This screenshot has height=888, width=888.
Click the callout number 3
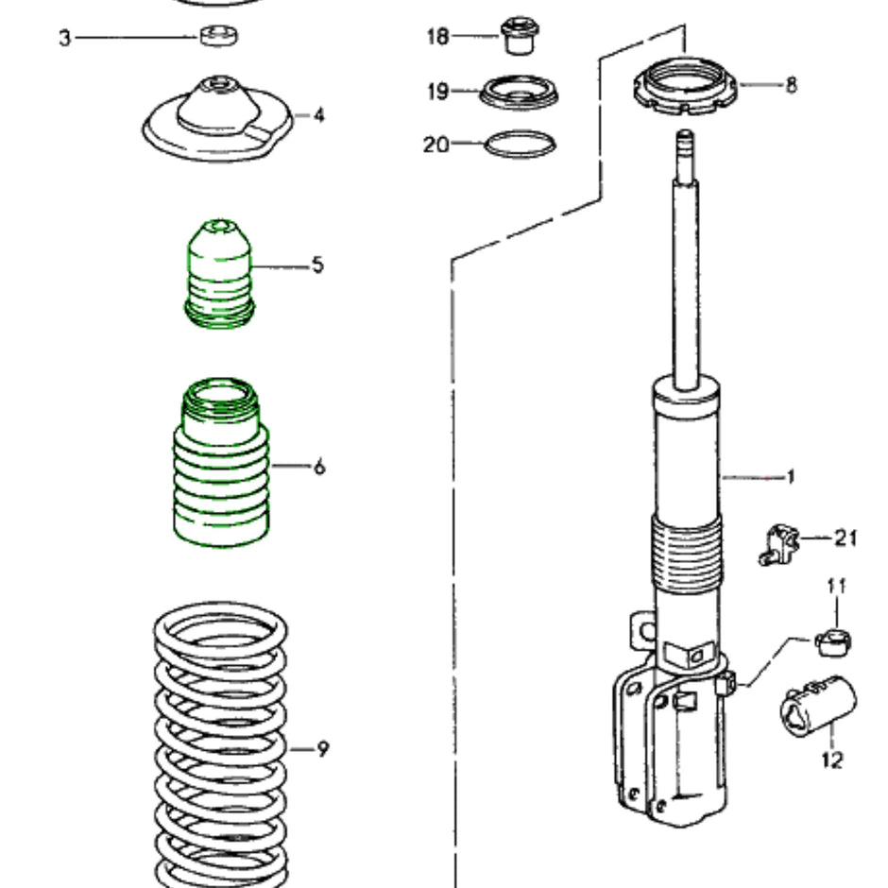coord(64,39)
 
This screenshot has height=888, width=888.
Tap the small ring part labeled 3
coord(219,37)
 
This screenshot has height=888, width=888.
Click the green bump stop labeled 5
coord(217,274)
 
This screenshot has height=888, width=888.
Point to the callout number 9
coord(322,749)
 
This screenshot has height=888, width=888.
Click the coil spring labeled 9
coord(221,746)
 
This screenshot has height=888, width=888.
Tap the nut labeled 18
coord(517,36)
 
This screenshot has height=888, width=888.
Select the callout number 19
coord(437,91)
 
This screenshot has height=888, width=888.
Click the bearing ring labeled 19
coord(519,93)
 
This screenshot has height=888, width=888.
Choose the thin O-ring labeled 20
coord(519,145)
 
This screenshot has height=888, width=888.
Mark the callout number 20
coord(435,145)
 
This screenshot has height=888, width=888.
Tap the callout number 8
coord(791,85)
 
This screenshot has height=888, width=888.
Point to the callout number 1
coord(791,477)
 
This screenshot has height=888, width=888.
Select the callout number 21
coord(845,538)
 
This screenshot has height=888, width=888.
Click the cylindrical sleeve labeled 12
coord(817,707)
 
